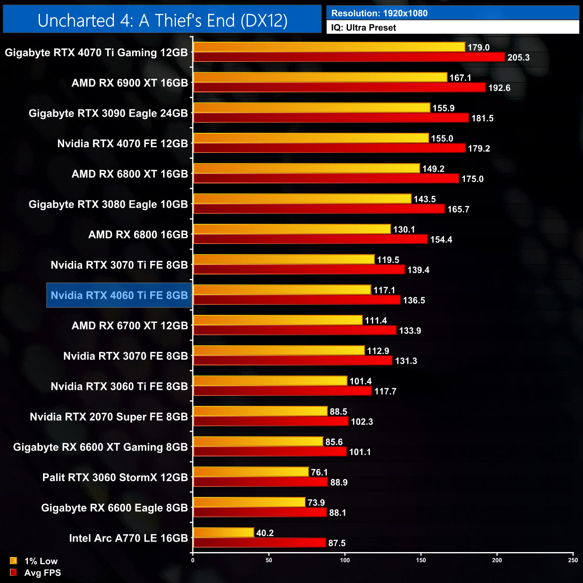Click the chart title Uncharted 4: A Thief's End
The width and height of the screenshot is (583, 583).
[162, 20]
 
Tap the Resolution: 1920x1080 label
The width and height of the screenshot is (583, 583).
[379, 13]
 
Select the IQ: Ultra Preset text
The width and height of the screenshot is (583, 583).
[364, 28]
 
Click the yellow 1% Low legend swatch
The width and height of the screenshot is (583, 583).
[13, 561]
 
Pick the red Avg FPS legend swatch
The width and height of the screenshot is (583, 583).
[13, 572]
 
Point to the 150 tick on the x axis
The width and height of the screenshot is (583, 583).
[421, 560]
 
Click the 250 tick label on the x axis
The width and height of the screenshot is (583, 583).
[573, 560]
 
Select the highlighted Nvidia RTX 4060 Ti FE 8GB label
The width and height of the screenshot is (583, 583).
[119, 295]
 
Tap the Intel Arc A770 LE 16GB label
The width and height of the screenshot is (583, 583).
[128, 538]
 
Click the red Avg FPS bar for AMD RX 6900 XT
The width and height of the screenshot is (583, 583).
[339, 87]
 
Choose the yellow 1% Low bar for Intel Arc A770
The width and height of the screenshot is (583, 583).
[223, 532]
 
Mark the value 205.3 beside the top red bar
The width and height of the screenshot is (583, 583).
[518, 57]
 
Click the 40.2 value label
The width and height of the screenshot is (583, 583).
[265, 533]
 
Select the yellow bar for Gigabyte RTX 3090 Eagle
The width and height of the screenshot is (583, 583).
[311, 108]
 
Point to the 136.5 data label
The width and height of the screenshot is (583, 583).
[414, 300]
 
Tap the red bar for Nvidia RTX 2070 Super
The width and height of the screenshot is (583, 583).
[270, 422]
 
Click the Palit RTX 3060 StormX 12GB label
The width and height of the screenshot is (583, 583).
[115, 477]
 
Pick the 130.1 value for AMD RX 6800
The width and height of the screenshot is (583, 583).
[404, 230]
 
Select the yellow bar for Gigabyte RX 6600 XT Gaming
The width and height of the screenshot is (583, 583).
[258, 442]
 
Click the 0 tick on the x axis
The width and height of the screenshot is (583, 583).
[193, 560]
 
